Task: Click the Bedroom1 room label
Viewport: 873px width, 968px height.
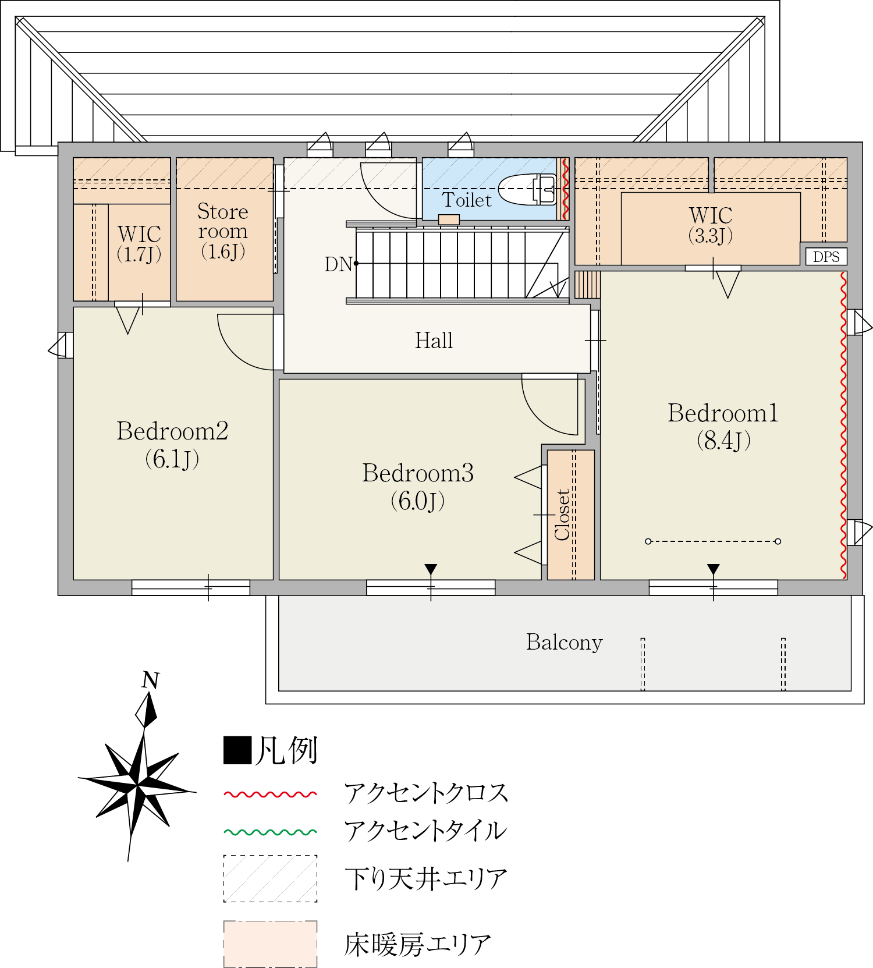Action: [x=723, y=427]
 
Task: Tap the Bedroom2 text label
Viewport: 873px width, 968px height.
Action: [x=172, y=445]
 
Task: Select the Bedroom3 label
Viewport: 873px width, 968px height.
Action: [x=418, y=487]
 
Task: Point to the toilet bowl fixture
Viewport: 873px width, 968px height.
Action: [x=527, y=189]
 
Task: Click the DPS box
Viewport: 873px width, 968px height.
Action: [x=826, y=257]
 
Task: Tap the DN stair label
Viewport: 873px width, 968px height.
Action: [x=339, y=264]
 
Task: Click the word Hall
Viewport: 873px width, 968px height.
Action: [x=434, y=341]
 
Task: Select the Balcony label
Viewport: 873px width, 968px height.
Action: [x=564, y=642]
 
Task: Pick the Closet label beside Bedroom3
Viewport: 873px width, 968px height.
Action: [x=563, y=515]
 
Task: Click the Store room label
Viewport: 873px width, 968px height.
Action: [x=223, y=231]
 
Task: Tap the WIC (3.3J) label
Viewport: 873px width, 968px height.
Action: [x=711, y=225]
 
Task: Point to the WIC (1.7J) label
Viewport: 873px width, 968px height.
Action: [x=139, y=243]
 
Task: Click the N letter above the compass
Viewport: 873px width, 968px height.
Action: [x=151, y=680]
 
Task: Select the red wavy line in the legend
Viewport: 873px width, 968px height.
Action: [x=271, y=794]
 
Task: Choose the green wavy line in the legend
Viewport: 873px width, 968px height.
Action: [x=271, y=832]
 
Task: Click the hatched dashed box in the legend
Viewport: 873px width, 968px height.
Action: [x=271, y=879]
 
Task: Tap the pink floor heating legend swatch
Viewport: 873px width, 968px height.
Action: [x=271, y=944]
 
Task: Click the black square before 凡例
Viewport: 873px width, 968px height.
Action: [x=237, y=750]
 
